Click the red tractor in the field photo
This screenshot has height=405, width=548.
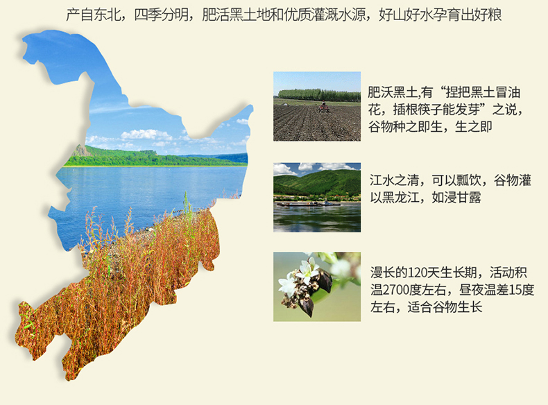click(323, 107)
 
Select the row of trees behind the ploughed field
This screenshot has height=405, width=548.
click(319, 95)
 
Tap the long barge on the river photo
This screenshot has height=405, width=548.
click(307, 203)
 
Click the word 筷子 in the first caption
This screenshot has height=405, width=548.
click(429, 110)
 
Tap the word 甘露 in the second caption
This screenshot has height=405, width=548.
click(469, 198)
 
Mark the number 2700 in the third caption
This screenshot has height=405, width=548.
click(395, 290)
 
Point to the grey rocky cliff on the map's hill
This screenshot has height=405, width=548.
click(80, 150)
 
